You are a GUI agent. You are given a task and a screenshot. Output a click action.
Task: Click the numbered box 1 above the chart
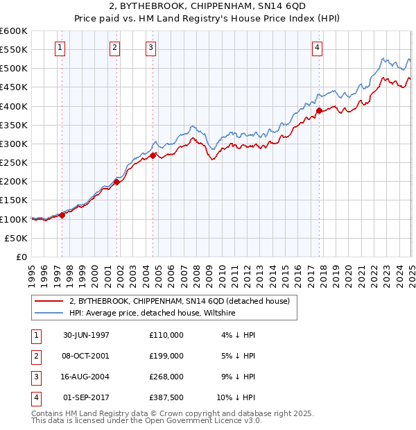[x=60, y=48]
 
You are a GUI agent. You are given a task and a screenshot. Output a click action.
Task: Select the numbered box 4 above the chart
[x=317, y=48]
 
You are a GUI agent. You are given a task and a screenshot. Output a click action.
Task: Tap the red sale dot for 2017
[x=319, y=111]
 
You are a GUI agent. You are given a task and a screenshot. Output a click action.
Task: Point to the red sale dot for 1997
[x=62, y=215]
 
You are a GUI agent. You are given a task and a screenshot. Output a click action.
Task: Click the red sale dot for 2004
[x=153, y=155]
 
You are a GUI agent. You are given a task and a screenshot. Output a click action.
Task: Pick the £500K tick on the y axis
[x=14, y=69]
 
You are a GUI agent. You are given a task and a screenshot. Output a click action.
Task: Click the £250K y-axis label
[x=14, y=163]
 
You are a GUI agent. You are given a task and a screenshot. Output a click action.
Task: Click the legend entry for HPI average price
[x=153, y=313]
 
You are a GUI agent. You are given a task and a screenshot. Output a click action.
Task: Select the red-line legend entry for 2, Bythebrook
[x=183, y=301]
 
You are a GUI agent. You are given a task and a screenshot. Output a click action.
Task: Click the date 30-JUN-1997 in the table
[x=86, y=335]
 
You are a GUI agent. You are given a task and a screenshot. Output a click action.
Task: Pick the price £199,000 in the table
[x=166, y=356]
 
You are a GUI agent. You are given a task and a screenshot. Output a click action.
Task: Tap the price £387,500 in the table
[x=166, y=397]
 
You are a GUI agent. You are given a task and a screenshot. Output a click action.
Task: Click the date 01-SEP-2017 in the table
[x=86, y=397]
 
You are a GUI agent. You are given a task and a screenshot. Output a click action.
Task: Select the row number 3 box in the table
[x=35, y=377]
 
